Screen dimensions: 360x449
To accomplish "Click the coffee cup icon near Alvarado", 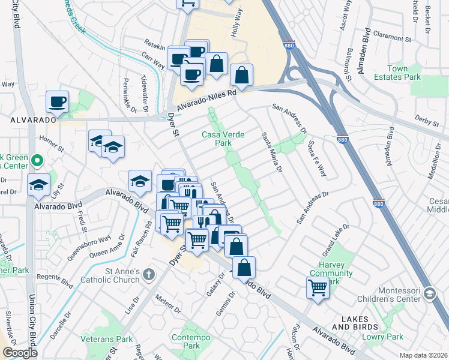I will tap(58, 101).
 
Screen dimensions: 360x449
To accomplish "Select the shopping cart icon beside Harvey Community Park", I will tap(318, 288).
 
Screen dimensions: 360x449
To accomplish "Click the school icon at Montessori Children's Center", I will tap(429, 293).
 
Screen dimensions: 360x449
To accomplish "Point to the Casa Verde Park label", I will tap(223, 139).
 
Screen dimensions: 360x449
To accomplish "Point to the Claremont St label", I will tap(392, 40).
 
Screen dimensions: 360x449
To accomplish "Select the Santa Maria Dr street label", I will tap(271, 153).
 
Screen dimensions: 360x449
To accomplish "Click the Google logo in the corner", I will tap(20, 353).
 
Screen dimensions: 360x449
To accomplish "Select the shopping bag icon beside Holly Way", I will tap(241, 76).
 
